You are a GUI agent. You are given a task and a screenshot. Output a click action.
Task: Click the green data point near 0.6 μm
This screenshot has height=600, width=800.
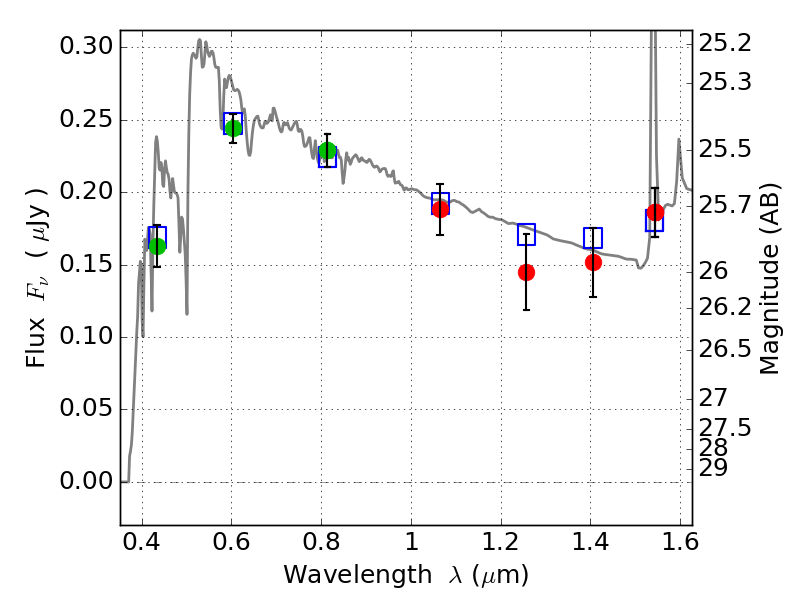click(x=233, y=128)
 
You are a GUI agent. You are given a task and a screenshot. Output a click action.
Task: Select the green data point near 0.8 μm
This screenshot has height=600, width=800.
click(x=327, y=151)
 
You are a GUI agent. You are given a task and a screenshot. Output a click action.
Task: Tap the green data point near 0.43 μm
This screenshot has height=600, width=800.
click(x=157, y=246)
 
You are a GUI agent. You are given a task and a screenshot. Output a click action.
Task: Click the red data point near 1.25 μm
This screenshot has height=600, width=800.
click(x=526, y=272)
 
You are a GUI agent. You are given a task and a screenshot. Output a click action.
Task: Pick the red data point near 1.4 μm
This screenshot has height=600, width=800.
click(x=593, y=262)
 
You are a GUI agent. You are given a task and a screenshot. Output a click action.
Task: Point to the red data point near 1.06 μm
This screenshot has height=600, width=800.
click(x=440, y=208)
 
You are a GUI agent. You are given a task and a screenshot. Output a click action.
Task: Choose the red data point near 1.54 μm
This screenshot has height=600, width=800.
click(x=655, y=212)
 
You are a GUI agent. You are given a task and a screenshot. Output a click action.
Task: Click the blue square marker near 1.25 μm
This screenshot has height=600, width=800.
click(x=526, y=235)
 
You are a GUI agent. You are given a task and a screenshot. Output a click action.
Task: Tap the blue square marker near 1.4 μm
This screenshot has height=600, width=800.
click(x=593, y=238)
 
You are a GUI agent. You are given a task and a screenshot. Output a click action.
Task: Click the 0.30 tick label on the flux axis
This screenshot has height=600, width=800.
click(x=86, y=47)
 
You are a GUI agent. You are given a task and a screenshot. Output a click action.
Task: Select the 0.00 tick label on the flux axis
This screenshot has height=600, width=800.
click(x=86, y=482)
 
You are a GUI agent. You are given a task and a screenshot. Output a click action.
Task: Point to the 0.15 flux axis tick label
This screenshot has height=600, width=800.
click(x=86, y=265)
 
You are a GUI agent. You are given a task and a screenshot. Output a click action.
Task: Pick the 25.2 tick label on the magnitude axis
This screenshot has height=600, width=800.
click(x=726, y=44)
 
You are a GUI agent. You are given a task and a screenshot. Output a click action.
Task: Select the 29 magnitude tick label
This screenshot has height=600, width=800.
click(x=716, y=467)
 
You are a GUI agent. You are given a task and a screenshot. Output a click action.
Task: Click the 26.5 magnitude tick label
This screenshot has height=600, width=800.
click(x=726, y=349)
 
